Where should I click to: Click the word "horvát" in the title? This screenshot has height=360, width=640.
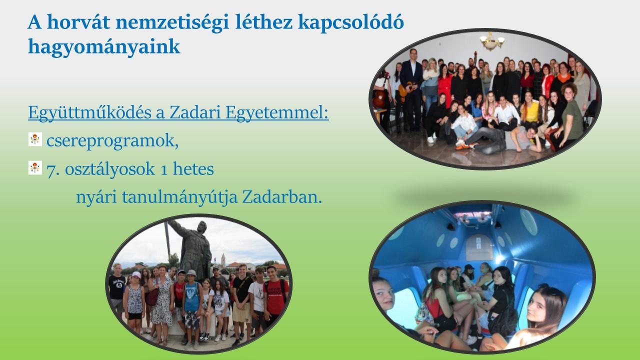(x=78, y=22)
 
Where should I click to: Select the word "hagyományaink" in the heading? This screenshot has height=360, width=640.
(x=104, y=47)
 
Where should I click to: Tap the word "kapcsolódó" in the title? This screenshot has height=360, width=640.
(x=351, y=23)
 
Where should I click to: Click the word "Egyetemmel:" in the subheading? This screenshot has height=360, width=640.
(x=277, y=113)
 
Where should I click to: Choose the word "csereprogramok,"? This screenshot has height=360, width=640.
(x=112, y=141)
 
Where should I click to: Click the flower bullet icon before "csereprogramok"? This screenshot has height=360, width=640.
(x=35, y=139)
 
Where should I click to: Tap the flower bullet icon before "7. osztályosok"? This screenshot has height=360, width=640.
(x=35, y=167)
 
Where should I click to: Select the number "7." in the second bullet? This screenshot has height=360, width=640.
(x=53, y=169)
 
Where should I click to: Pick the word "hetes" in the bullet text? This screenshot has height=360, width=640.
(x=193, y=169)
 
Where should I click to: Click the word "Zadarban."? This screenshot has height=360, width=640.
(x=282, y=197)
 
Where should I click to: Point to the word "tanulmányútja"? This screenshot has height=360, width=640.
(x=179, y=197)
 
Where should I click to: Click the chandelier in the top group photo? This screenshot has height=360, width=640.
(x=491, y=41)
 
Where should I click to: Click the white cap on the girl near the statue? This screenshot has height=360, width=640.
(x=136, y=274)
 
